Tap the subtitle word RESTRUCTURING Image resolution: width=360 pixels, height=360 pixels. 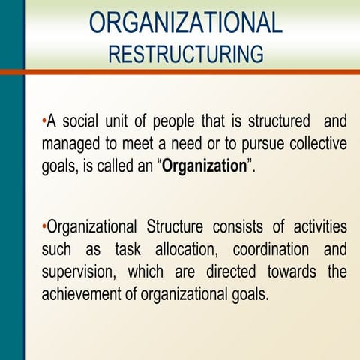click(x=186, y=54)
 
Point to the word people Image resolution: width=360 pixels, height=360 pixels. click(x=175, y=122)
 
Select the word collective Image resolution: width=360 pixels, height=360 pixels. click(x=316, y=144)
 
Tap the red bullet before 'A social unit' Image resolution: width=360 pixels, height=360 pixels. click(x=44, y=120)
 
